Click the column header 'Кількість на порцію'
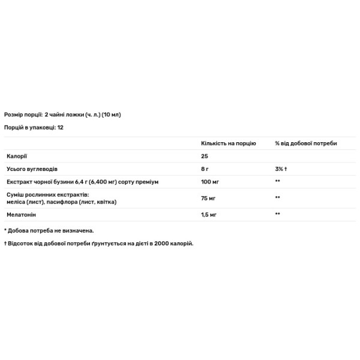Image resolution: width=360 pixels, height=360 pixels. pos(228,144)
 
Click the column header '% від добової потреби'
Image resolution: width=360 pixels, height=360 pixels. pos(305,144)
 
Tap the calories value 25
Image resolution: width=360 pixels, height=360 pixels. pos(204,157)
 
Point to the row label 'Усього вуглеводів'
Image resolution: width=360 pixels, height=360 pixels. pos(31,169)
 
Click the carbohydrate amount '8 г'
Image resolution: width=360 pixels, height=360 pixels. pos(205,169)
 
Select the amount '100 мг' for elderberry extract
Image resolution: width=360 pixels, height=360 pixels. pos(209,181)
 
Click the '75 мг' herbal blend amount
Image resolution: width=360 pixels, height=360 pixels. pos(208,197)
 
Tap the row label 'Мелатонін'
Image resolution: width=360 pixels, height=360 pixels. pos(20,214)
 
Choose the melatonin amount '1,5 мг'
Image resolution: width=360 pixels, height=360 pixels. pos(209,214)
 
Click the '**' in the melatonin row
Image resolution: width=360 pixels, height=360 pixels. pos(278,214)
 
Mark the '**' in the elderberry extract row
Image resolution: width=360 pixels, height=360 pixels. pos(278,181)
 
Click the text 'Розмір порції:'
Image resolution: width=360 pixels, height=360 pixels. pos(23,114)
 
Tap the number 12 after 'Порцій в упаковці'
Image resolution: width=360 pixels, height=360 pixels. pos(61,128)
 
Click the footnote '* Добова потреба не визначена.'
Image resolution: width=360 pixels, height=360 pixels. pos(49,230)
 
